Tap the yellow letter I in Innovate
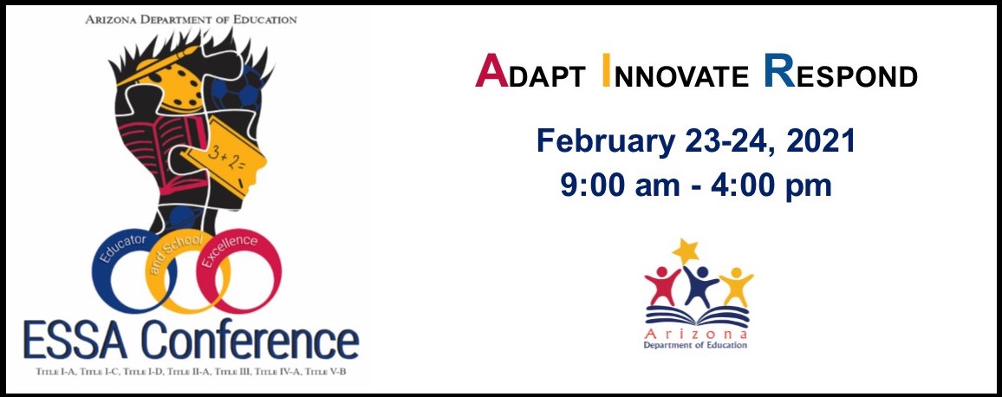(x=607, y=70)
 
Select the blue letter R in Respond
(x=779, y=70)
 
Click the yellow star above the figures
(x=686, y=251)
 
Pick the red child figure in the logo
(x=662, y=286)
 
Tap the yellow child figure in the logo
(x=736, y=287)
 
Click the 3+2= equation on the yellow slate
(x=225, y=155)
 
